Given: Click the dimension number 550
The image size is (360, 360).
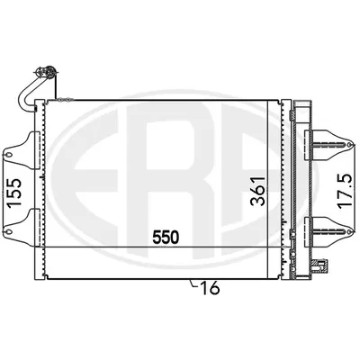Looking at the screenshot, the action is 166,237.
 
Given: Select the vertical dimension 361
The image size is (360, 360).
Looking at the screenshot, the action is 258,191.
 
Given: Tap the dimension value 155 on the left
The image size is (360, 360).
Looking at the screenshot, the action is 14,193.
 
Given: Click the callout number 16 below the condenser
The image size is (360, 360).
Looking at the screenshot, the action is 210,288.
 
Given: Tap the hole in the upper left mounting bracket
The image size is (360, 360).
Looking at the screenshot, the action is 9,155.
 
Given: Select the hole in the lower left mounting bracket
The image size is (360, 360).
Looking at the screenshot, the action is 9,231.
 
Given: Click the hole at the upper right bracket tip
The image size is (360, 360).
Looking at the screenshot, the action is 348,145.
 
